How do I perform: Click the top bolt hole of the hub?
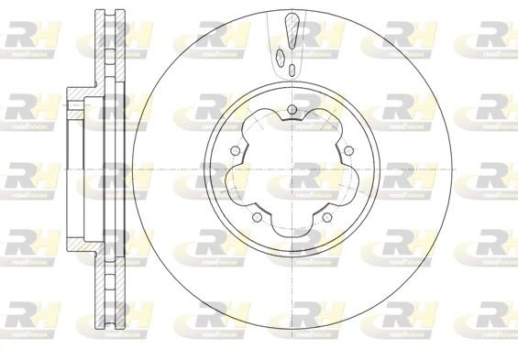pos(292,112)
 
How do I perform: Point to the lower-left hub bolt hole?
pos(257,217)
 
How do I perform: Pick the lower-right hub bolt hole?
pos(326,217)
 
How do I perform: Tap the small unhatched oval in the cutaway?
pos(292,70)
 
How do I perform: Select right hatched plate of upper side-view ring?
pos(119,46)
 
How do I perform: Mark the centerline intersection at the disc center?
pos(292,170)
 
